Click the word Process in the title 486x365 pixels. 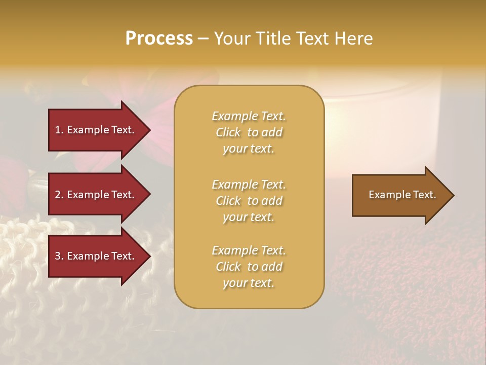click(159, 39)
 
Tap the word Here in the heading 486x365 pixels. click(352, 39)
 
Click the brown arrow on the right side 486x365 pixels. click(400, 195)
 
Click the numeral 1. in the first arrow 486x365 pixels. click(59, 130)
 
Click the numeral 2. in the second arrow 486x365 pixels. click(59, 195)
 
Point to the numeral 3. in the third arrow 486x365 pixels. click(59, 256)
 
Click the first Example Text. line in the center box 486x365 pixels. click(249, 116)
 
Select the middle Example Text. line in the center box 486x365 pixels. click(249, 185)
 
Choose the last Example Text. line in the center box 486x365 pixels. click(249, 250)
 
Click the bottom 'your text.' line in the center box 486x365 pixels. click(249, 283)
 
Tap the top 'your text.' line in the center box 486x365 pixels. click(249, 149)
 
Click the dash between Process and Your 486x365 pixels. click(203, 39)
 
